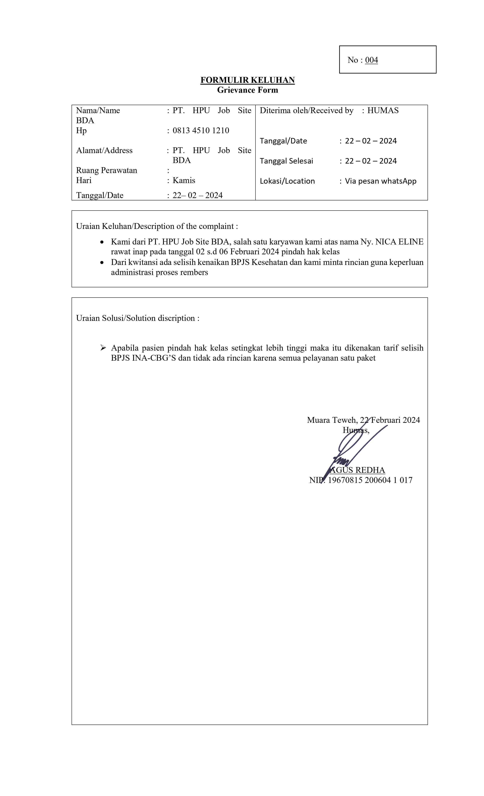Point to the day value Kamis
pos(184,180)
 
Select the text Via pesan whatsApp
pos(381,181)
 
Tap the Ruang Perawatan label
pos(106,170)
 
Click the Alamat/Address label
pos(104,150)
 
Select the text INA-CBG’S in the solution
pos(154,358)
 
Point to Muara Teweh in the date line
pos(332,420)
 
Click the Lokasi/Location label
pos(287,181)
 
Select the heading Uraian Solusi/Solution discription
pos(137,318)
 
